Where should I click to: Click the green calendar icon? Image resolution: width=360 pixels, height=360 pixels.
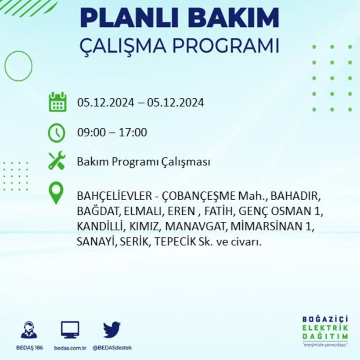click(57, 102)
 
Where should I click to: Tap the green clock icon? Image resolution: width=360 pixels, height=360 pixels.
click(57, 133)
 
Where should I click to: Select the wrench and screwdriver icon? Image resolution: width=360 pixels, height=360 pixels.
click(57, 161)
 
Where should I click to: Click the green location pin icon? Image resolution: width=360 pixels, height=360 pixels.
click(56, 193)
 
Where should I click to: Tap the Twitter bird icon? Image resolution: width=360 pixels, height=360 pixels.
click(112, 329)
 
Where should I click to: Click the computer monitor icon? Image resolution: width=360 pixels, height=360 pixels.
click(70, 329)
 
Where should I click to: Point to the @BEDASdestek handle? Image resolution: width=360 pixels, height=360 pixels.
click(112, 348)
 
